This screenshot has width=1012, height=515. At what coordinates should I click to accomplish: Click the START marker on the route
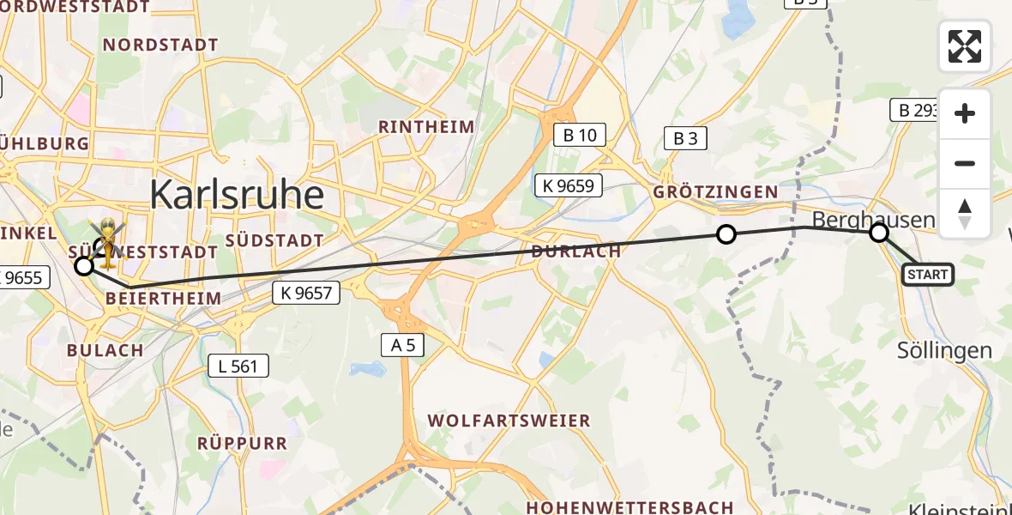[928, 275]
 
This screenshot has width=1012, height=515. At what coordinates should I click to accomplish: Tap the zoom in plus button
[965, 113]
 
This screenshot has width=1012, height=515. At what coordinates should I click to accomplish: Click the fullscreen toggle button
[965, 46]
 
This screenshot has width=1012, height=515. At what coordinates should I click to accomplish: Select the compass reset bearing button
[965, 214]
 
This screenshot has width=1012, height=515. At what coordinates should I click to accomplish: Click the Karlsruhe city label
[237, 196]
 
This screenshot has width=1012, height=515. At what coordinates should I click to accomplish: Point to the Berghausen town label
[873, 220]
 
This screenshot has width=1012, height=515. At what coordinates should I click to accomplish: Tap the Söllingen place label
[944, 350]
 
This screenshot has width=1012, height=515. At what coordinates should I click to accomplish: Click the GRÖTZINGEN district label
[715, 191]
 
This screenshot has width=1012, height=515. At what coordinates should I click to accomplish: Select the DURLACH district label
[575, 251]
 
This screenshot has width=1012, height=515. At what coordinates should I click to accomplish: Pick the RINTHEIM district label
[426, 127]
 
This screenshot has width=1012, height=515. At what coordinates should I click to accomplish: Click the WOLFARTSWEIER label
[509, 421]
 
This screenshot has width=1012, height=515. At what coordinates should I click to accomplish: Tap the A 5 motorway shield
[402, 345]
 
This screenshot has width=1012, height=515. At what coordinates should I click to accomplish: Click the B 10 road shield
[580, 135]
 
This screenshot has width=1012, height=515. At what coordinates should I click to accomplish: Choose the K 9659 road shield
[568, 185]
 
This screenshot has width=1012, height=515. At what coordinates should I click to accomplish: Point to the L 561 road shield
[238, 367]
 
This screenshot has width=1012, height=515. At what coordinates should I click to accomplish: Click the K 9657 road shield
[306, 293]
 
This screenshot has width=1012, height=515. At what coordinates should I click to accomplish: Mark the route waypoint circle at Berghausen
[878, 233]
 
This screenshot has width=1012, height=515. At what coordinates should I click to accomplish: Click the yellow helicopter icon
[108, 239]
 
